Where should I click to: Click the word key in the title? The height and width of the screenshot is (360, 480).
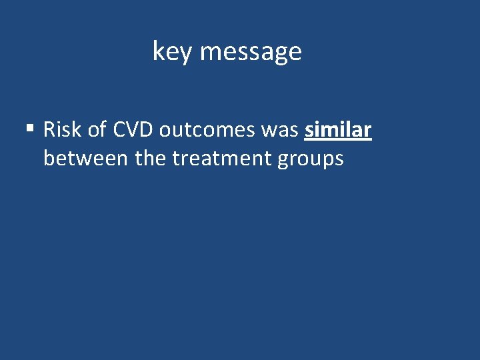172,51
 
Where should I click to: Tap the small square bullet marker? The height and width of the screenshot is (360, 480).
31,127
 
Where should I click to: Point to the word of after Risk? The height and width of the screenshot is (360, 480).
97,129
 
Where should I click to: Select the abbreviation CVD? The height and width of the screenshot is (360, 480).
133,129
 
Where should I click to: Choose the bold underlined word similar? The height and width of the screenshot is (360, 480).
337,129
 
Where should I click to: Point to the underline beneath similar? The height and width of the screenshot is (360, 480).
337,141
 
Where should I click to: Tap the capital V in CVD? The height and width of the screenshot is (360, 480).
133,129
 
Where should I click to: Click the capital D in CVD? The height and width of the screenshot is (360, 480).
147,129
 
